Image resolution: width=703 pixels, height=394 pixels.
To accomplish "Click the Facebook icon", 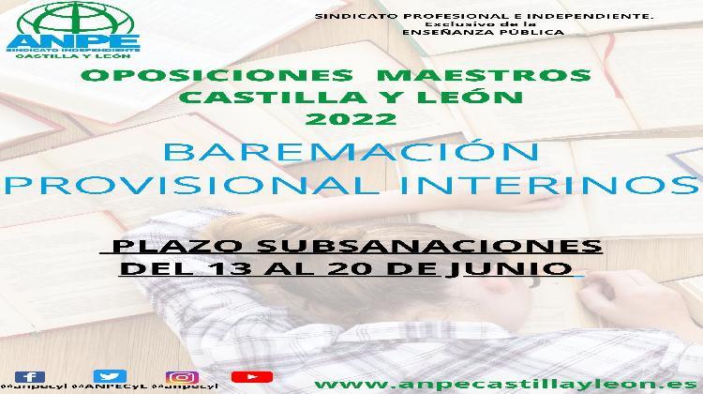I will [x=30, y=376].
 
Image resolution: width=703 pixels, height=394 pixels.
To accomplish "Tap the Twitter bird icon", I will [x=110, y=376].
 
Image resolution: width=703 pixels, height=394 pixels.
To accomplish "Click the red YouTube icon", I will [x=251, y=376].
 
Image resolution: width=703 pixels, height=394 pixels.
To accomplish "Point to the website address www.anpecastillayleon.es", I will [x=507, y=383].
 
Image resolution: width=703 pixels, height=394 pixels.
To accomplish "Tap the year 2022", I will [x=352, y=118].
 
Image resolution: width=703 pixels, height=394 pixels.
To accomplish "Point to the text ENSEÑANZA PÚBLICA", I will [x=482, y=33].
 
